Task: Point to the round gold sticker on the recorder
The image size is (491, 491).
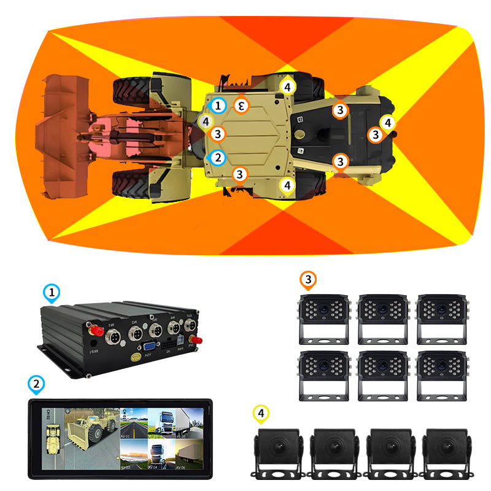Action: (128, 354)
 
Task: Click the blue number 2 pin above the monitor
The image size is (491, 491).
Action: (37, 385)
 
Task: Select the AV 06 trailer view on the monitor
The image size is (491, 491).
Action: (189, 453)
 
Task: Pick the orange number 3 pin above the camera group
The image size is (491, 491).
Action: (308, 280)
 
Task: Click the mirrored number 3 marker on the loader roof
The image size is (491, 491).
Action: (242, 106)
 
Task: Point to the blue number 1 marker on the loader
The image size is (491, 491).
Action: (217, 106)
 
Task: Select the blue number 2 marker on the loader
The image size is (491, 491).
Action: (217, 157)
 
